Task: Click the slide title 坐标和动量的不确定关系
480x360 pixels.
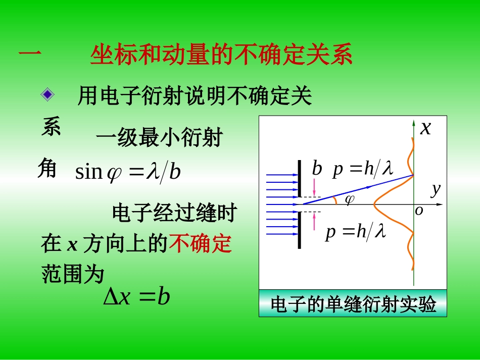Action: [x=221, y=56]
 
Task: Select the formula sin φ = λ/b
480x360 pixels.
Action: [x=128, y=172]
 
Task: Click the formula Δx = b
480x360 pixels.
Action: [x=136, y=297]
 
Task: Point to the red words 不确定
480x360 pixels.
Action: [x=201, y=244]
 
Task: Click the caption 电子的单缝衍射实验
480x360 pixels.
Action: [x=353, y=304]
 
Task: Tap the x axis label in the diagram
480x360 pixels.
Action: [x=426, y=128]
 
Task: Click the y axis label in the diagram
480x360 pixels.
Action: [x=436, y=189]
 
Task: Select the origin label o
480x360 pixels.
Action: [x=419, y=211]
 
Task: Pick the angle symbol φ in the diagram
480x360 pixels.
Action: [x=349, y=200]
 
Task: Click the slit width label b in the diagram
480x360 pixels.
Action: [x=317, y=169]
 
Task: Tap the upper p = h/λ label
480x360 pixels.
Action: [x=363, y=169]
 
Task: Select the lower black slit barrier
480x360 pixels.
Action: [x=300, y=230]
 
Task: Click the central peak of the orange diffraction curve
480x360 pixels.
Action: [x=375, y=204]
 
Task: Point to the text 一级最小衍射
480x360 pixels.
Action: [x=159, y=137]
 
